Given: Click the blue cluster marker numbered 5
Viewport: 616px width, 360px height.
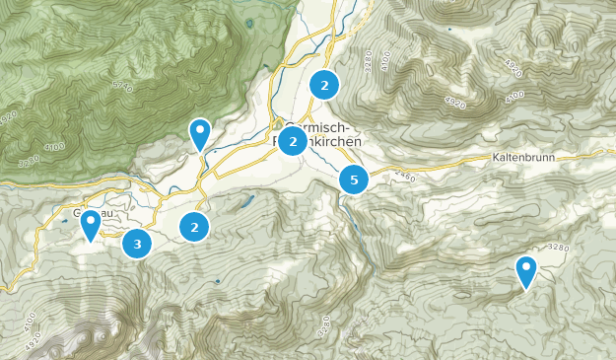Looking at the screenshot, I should click(353, 180).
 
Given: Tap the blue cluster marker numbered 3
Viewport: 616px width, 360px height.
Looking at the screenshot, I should click(137, 244).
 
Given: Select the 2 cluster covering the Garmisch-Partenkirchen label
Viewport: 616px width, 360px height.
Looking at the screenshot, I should click(292, 142).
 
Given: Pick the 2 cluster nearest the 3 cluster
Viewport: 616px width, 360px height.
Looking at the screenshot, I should click(195, 228).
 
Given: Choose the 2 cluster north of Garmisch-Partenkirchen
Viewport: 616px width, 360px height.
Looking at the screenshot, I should click(323, 86).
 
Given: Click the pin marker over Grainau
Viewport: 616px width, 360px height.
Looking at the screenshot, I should click(90, 225).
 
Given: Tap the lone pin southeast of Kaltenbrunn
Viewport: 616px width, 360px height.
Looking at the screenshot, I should click(525, 271).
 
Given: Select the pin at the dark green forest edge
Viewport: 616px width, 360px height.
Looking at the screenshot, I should click(200, 133).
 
